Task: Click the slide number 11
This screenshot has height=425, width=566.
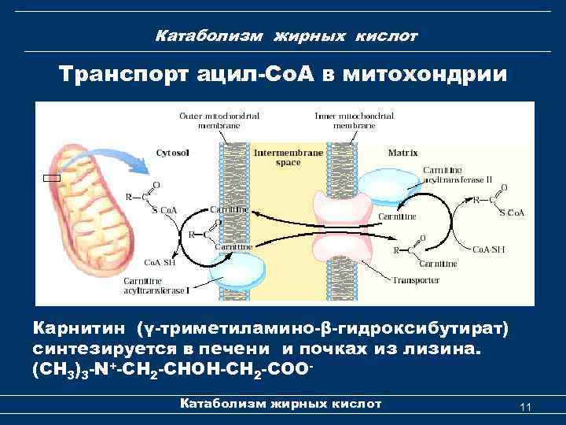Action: (x=526, y=406)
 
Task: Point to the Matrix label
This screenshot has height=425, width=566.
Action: (x=402, y=152)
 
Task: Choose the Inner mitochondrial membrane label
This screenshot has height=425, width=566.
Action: (x=355, y=120)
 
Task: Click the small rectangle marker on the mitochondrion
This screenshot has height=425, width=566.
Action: (x=52, y=179)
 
